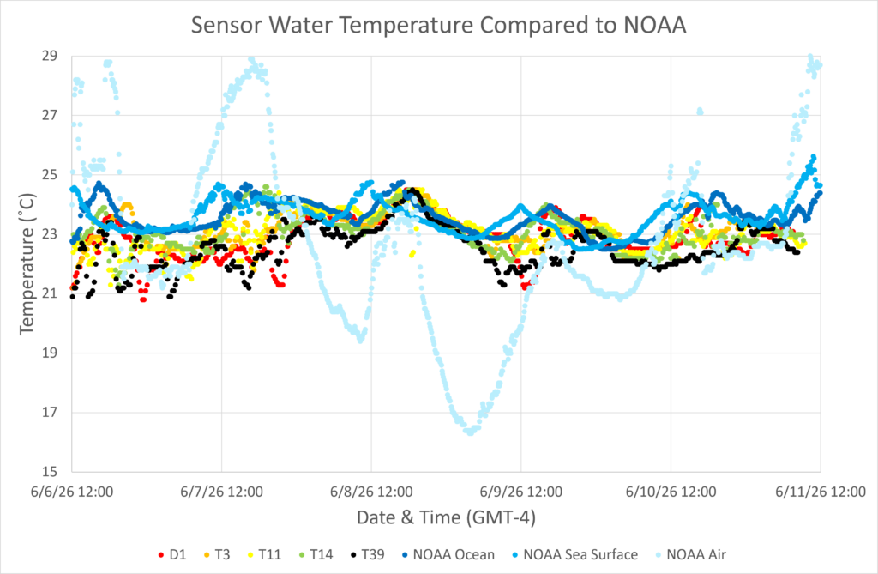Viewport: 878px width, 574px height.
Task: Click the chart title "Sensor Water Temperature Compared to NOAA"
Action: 438,25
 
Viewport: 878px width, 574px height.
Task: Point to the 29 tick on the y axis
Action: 49,56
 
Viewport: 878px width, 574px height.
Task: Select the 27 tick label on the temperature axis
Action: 49,116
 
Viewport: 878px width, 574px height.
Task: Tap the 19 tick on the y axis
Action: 49,353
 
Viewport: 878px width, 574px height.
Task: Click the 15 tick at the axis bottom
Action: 49,471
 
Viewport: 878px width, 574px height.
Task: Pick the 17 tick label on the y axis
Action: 49,413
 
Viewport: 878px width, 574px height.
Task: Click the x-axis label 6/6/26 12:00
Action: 72,492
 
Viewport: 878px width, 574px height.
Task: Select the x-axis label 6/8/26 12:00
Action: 371,492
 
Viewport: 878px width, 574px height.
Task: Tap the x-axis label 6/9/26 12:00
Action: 521,492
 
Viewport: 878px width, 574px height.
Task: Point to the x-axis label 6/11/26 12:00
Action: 821,492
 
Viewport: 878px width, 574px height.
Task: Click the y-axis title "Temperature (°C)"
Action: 27,264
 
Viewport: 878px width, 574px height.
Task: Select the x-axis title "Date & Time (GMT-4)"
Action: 446,517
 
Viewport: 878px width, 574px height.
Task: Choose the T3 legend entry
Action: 217,555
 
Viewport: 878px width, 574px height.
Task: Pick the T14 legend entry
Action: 316,555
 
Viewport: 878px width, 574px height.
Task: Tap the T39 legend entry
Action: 367,555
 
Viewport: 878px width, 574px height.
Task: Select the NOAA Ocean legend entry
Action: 448,555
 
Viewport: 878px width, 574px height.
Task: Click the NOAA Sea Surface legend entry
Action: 574,555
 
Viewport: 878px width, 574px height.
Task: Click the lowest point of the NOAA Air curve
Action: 471,432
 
